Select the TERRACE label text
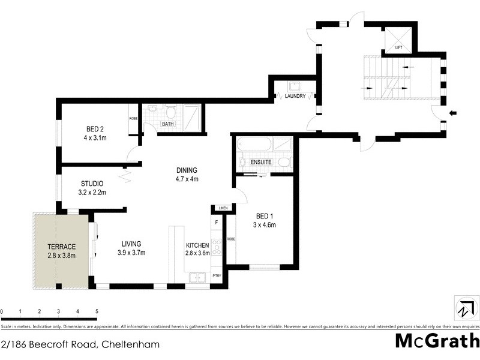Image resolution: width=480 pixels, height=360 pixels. click(x=62, y=247)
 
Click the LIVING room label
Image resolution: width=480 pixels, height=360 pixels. click(x=131, y=244)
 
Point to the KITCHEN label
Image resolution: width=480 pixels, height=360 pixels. click(x=197, y=245)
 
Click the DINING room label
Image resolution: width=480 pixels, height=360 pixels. click(x=187, y=170)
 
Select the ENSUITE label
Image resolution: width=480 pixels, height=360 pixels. click(x=261, y=162)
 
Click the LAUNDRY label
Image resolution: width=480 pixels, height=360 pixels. click(x=295, y=96)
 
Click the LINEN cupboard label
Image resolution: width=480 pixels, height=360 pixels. click(x=223, y=208)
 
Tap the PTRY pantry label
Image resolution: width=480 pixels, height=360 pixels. click(x=217, y=276)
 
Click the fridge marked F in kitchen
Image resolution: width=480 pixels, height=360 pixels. click(x=217, y=223)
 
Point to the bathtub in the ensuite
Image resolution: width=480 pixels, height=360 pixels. click(x=254, y=145)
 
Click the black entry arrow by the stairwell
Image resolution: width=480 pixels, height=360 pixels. click(x=453, y=112)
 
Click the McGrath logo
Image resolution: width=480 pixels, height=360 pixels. click(x=437, y=341)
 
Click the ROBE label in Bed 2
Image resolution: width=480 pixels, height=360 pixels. click(x=133, y=118)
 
